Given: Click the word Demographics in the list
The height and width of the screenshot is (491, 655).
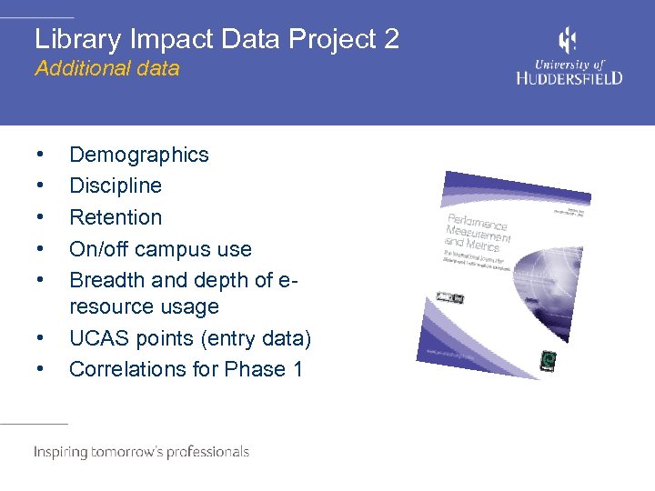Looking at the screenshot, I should [138, 155].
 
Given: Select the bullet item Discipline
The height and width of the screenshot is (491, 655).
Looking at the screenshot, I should [116, 186].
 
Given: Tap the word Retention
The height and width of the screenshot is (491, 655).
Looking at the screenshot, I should [116, 217].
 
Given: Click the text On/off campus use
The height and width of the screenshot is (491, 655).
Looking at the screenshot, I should [160, 249].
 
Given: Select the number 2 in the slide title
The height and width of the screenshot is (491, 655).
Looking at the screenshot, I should [390, 39].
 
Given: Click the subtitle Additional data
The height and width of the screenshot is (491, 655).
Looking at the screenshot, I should [106, 68].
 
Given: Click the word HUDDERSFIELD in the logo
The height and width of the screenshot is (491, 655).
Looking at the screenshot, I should [569, 78].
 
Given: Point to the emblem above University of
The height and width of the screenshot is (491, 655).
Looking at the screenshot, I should [568, 41].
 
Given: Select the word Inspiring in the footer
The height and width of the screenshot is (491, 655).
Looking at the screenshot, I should [62, 452].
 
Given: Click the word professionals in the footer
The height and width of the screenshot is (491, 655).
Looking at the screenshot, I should [206, 452].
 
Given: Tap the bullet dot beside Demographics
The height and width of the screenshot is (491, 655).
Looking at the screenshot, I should [38, 155].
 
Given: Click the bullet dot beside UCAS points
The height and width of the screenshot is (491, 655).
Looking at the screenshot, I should [38, 339].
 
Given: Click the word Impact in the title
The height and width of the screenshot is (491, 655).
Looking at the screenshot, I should [155, 39].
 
